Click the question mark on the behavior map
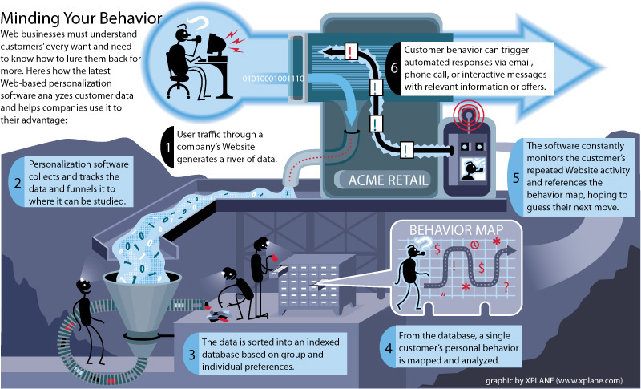point(506,285)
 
